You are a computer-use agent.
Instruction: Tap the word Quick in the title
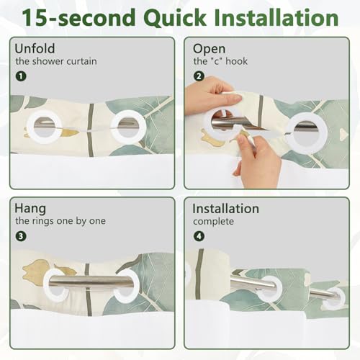pos(175,18)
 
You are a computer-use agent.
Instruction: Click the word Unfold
pos(35,48)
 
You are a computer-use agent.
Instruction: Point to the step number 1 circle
pos(21,76)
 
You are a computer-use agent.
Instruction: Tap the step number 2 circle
pos(199,76)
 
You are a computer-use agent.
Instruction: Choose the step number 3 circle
pos(21,236)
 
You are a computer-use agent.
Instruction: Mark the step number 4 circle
pos(199,236)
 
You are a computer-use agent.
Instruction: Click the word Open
pos(209,50)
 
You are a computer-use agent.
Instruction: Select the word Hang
pos(30,209)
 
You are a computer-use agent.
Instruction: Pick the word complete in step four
pos(213,222)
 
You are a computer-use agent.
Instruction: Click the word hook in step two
pos(236,61)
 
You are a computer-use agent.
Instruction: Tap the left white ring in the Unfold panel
pos(45,127)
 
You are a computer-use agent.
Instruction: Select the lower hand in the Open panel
pos(257,156)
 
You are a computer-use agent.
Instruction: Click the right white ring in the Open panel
pos(307,131)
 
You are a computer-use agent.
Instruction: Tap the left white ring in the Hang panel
pos(55,285)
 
